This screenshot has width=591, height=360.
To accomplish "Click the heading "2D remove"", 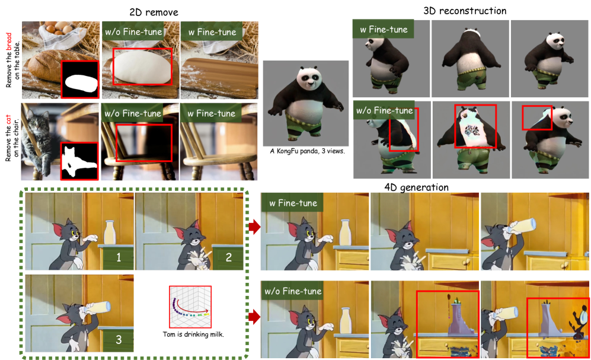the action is tap(154, 12).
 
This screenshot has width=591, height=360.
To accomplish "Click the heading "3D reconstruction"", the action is tap(465, 11).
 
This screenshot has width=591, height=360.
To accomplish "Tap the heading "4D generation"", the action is tap(417, 187).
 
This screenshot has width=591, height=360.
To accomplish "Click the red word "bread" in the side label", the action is tap(9, 42).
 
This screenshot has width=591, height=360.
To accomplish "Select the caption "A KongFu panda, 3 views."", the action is tap(307, 151).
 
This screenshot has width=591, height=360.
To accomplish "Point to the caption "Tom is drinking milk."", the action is tap(193, 334).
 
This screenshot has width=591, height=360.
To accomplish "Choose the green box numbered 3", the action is tap(119, 340).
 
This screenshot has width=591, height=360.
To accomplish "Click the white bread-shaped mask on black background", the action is tap(81, 83).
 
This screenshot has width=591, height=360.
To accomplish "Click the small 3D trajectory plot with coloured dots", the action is tap(190, 307).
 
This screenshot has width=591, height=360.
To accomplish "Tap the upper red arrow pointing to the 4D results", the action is tap(254, 227).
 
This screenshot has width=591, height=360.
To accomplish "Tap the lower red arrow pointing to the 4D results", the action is tap(254, 317).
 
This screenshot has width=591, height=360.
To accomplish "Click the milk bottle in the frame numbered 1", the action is tap(109, 232).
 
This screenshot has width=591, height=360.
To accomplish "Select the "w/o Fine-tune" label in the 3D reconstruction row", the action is tap(384, 110).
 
